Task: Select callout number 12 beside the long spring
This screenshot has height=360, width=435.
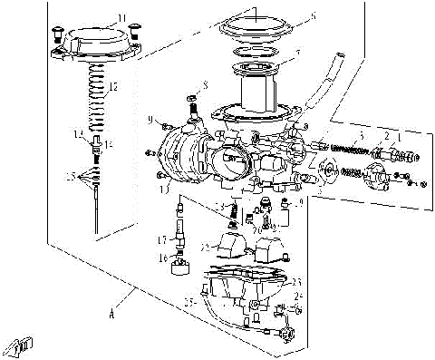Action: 112,88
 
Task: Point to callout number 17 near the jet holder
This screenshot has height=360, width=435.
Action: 161,240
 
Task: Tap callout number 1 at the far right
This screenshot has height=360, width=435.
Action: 400,135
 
